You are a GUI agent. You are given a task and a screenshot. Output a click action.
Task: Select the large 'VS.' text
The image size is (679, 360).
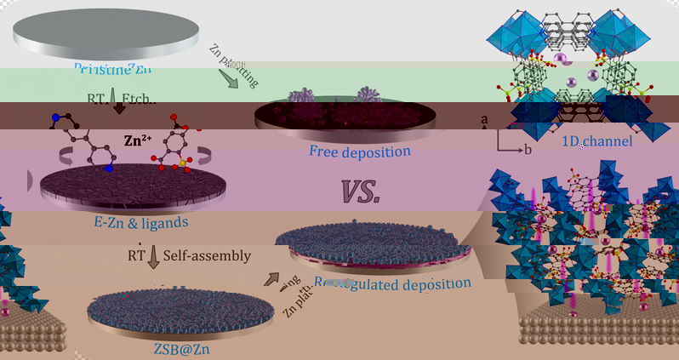click(361, 192)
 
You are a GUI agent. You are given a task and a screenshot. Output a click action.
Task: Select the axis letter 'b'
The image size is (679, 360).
click(527, 151)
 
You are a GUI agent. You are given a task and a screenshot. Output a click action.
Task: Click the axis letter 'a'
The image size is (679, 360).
click(485, 121)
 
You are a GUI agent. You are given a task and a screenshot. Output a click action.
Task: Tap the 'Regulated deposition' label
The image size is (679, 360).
click(392, 283)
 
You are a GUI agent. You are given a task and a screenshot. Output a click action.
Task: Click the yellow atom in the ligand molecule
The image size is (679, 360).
click(180, 158)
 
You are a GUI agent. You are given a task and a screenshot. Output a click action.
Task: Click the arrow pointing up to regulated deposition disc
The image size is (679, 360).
click(272, 278)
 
